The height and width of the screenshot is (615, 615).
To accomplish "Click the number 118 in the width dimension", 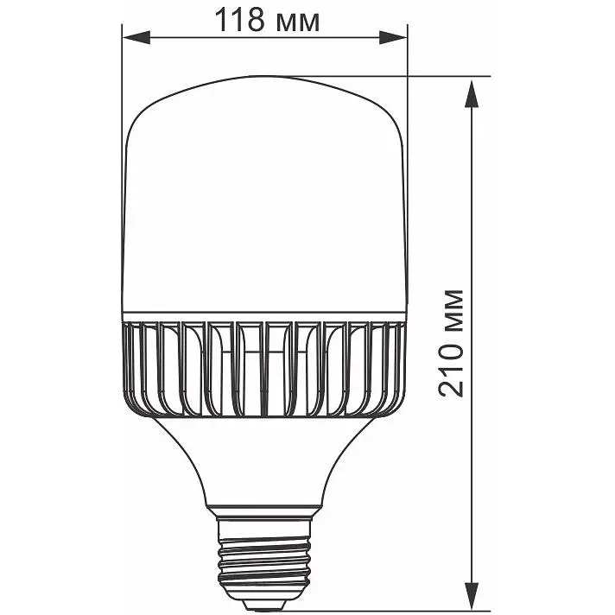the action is tap(239, 21).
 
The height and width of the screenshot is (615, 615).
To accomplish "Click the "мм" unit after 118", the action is tap(298, 23).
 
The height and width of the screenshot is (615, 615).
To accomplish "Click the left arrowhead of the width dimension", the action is tap(136, 37).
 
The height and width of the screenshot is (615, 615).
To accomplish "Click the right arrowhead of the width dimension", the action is tap(393, 37).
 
